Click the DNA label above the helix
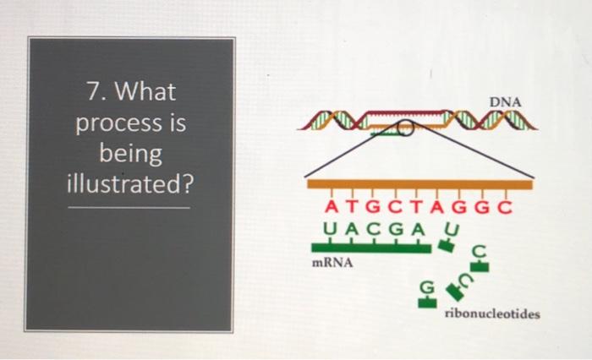[x=507, y=102]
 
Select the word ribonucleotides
[x=491, y=314]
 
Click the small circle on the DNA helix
[x=406, y=128]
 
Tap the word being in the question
[x=129, y=153]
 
